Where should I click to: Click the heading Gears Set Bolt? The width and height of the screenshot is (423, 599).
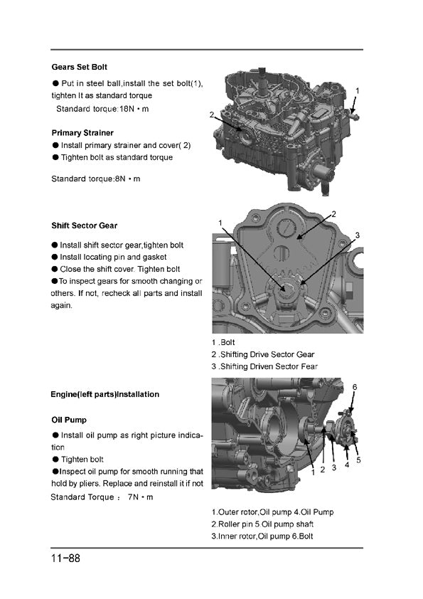(80, 68)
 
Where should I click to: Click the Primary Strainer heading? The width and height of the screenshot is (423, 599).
(82, 133)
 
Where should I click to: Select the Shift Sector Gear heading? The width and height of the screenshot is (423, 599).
(85, 226)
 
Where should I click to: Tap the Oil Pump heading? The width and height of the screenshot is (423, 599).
(69, 420)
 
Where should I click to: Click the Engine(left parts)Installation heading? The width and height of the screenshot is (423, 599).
(105, 394)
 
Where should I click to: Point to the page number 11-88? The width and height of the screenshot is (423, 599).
(65, 558)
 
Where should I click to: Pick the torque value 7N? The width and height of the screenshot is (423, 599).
(133, 497)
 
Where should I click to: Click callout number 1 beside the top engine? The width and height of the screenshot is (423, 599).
(358, 91)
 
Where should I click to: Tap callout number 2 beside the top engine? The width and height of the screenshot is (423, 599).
(212, 115)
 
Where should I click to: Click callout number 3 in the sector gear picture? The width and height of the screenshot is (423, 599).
(358, 235)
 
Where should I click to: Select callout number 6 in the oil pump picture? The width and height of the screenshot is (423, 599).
(355, 387)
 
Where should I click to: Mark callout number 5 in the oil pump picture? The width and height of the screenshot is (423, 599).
(358, 460)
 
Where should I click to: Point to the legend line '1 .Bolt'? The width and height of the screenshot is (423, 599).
(223, 343)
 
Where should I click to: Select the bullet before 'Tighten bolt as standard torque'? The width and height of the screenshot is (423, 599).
(55, 157)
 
